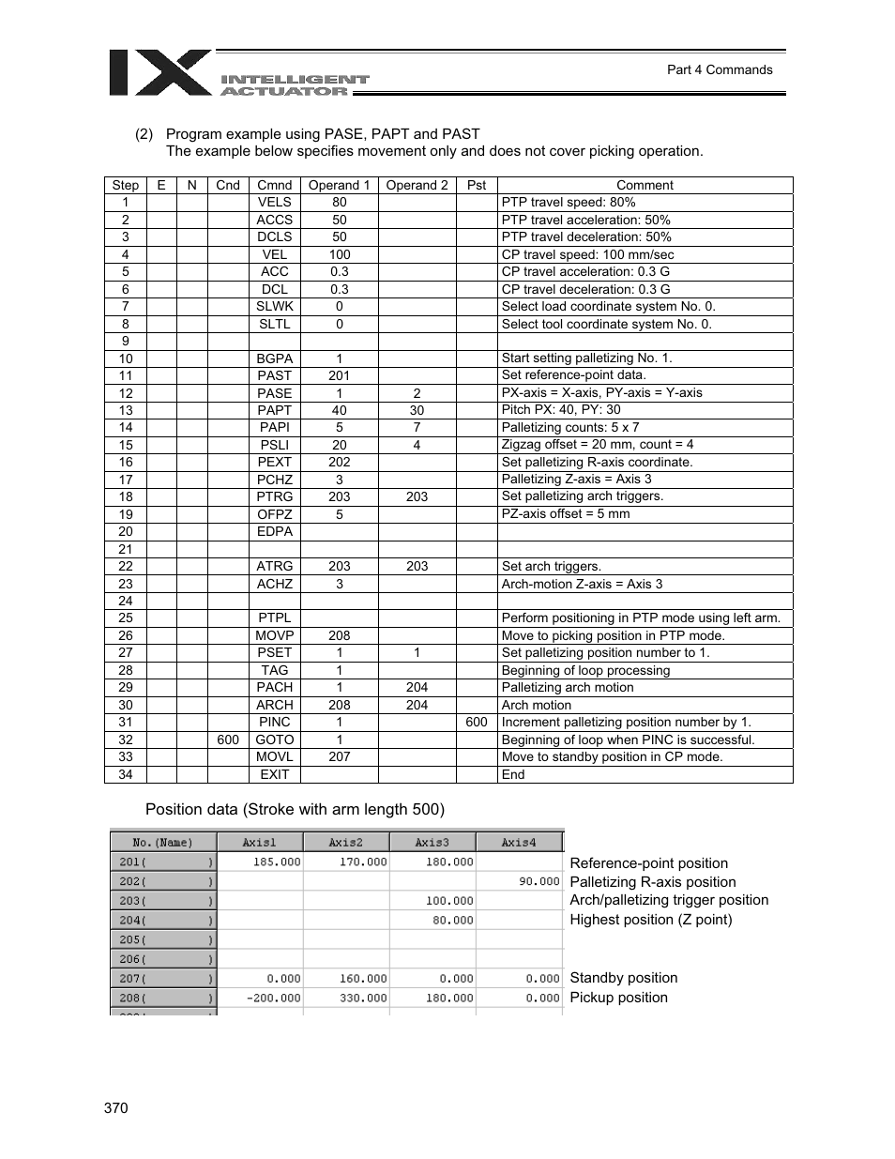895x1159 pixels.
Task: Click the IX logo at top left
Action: coord(159,72)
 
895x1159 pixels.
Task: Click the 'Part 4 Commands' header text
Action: coord(719,69)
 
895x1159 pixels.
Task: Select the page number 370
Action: coord(115,1108)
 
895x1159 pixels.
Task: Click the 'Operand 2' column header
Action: coord(417,185)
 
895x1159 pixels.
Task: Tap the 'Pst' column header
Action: coord(476,185)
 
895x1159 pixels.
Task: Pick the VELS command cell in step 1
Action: coord(274,202)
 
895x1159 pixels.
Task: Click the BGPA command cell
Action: coord(274,358)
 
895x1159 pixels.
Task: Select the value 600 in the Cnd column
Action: coord(227,740)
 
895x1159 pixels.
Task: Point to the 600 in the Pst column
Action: coord(476,722)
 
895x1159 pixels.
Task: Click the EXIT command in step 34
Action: coord(274,774)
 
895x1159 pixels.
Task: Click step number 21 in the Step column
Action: coord(125,549)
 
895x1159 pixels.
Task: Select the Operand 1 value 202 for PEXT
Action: coord(339,462)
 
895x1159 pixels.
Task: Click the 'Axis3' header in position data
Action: coord(432,843)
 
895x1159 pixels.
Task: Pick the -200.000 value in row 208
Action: coord(273,998)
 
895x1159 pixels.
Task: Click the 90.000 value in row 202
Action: coord(539,881)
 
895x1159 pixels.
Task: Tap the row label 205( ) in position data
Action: coord(163,939)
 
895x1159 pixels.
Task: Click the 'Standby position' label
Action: coord(623,978)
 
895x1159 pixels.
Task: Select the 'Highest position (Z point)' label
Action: coord(650,920)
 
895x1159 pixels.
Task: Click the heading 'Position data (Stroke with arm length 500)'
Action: coord(295,809)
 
